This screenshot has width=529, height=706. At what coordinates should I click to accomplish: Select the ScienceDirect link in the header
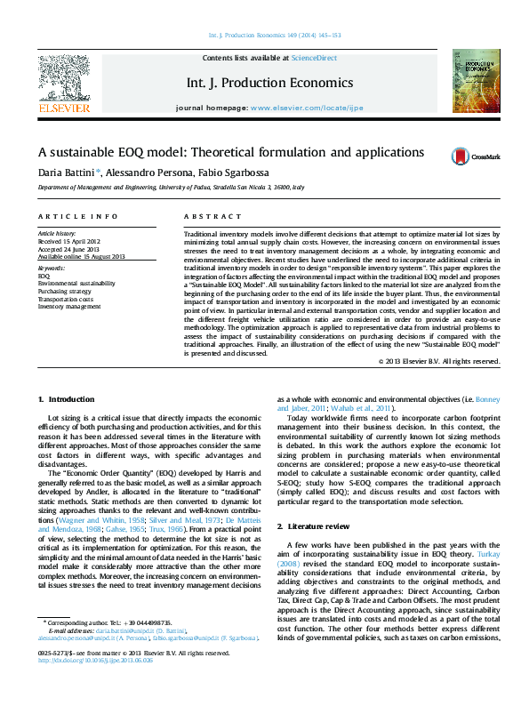click(x=316, y=57)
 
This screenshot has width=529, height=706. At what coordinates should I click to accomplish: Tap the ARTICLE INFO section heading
click(x=77, y=216)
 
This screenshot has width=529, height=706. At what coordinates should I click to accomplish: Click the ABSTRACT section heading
click(x=206, y=216)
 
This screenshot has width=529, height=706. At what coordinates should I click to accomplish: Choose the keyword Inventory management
click(x=69, y=307)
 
